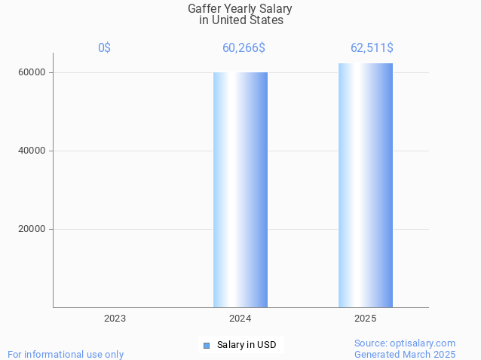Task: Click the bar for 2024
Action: [240, 190]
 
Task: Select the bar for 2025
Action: [366, 185]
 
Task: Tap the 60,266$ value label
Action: [244, 48]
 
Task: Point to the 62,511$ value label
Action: [372, 48]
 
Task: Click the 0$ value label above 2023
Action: [104, 48]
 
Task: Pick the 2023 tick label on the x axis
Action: [115, 319]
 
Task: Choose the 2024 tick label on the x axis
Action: [240, 319]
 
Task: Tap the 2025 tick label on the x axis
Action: [366, 319]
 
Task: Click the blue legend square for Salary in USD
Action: [206, 346]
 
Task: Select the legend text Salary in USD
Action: [247, 345]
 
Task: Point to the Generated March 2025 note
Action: [405, 354]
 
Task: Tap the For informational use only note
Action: [66, 354]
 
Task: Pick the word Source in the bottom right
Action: [371, 343]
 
